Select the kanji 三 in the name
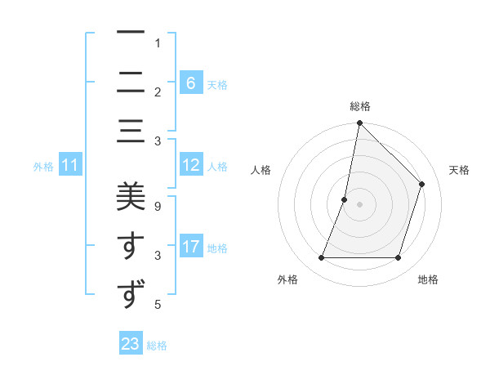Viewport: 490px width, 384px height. [x=131, y=132]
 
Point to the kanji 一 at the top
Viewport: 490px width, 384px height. [x=131, y=33]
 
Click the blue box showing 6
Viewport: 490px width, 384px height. [x=190, y=83]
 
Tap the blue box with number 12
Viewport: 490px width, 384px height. [x=190, y=166]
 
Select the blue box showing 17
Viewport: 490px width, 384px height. [x=190, y=247]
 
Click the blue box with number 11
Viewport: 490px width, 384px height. [x=70, y=166]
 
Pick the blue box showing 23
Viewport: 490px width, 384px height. [x=131, y=344]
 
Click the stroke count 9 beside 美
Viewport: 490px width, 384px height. [x=158, y=206]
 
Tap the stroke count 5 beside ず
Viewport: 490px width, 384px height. [x=158, y=306]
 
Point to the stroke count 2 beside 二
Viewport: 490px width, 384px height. [x=158, y=92]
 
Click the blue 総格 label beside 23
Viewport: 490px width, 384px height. [x=157, y=346]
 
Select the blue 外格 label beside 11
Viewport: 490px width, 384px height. [x=43, y=167]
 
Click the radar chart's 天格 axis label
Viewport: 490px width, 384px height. [x=459, y=170]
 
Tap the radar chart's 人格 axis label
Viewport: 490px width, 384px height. [x=261, y=170]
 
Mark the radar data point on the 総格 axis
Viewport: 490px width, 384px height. [x=359, y=123]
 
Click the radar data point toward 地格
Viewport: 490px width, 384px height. [x=398, y=258]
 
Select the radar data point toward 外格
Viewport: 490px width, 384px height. [x=321, y=258]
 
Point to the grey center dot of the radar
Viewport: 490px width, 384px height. [x=359, y=204]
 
